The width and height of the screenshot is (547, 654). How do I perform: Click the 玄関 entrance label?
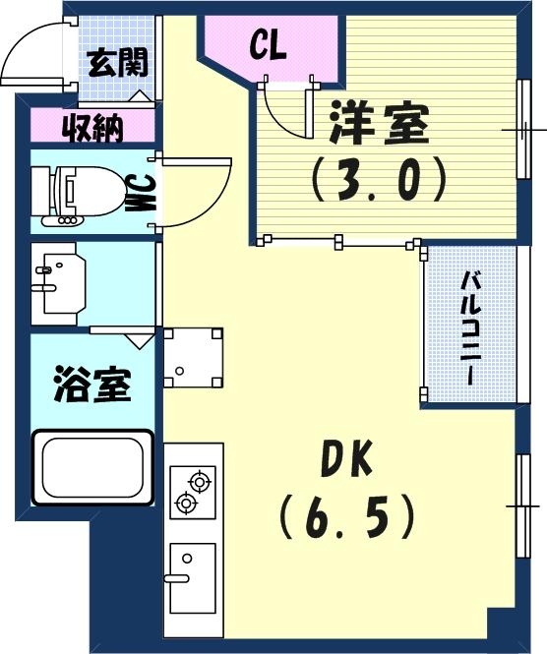[118, 63]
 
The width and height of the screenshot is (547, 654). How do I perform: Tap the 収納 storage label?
[93, 128]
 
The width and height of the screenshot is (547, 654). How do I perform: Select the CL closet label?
[268, 45]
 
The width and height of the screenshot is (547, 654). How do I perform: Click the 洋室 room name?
[378, 127]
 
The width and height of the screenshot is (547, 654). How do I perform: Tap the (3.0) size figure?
[379, 180]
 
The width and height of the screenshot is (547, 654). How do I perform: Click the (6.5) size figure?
[345, 514]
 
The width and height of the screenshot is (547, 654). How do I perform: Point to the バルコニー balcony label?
[471, 326]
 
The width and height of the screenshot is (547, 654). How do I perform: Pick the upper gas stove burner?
[200, 482]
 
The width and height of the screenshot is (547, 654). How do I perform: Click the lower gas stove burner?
[184, 505]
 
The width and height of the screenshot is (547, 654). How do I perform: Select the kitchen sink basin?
[191, 576]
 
